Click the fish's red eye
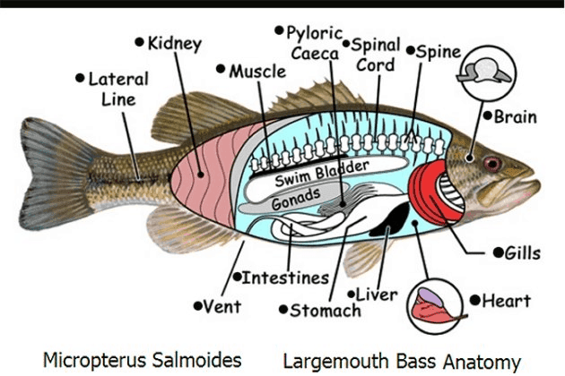[491, 163]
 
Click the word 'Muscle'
[256, 71]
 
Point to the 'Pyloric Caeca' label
[312, 44]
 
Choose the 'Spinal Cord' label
[375, 55]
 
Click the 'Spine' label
[439, 51]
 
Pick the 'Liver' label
[377, 294]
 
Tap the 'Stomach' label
[325, 311]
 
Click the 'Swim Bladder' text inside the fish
[309, 175]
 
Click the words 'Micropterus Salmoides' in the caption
[143, 360]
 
